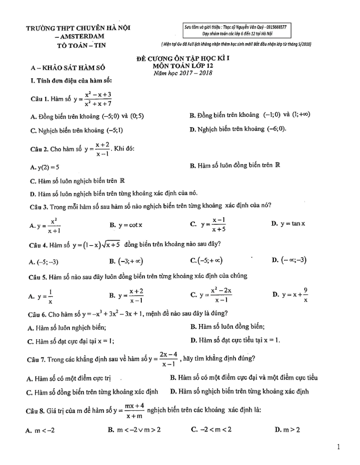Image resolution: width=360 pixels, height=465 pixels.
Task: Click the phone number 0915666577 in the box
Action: [x=279, y=27]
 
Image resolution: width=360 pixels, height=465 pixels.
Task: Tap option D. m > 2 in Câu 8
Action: [x=287, y=430]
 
